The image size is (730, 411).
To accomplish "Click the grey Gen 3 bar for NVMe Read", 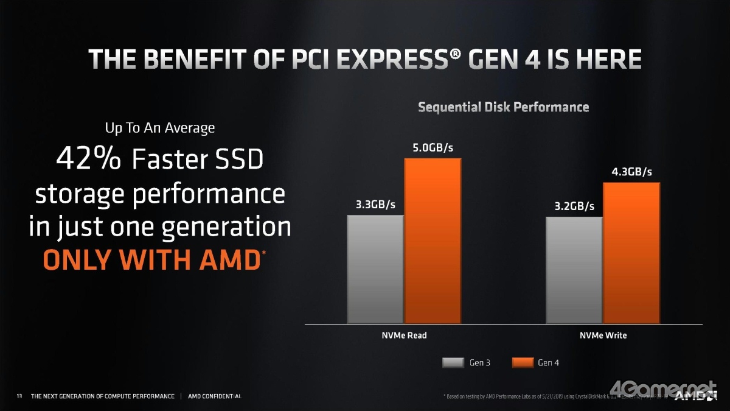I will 375,269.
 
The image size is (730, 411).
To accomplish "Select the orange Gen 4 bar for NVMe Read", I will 433,241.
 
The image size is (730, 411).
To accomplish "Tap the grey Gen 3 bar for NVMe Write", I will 574,270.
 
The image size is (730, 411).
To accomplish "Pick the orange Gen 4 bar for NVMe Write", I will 631,253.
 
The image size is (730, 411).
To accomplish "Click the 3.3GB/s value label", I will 375,205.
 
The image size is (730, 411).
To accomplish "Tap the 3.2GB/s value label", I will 574,206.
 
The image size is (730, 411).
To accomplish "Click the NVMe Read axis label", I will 404,335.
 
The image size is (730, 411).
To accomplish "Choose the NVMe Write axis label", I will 603,335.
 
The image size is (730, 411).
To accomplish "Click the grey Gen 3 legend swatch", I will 453,363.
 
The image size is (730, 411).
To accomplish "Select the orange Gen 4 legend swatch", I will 522,363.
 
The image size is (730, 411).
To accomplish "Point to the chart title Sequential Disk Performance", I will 503,107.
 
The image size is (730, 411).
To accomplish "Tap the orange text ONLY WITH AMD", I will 151,260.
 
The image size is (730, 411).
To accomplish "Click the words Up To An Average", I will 159,128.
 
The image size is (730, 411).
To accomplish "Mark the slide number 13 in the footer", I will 19,396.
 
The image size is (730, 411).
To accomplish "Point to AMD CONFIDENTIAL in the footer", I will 215,396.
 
